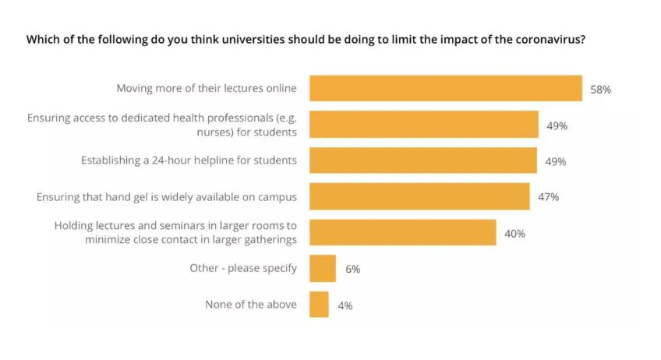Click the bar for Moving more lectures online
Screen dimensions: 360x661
445,88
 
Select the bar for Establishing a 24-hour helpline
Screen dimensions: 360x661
422,161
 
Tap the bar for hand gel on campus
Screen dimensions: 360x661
419,196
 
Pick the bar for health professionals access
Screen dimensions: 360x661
423,125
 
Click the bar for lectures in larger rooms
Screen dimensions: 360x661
402,232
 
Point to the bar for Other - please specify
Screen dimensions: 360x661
322,268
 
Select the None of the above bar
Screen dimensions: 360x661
319,304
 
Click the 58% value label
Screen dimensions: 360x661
600,90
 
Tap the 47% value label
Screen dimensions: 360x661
548,197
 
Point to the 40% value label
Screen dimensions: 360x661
514,233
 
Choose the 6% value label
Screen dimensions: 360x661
352,269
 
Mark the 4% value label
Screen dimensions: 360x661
345,305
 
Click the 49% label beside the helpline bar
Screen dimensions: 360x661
556,161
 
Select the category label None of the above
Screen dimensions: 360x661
250,304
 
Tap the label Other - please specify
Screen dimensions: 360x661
243,268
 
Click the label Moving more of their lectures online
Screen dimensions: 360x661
207,88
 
